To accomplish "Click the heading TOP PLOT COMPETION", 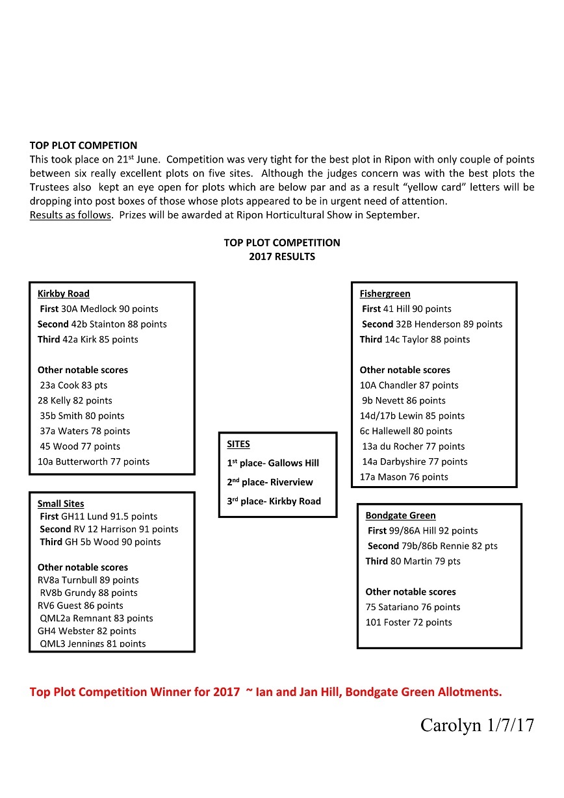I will point(83,146).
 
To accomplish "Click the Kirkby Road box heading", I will point(64,294).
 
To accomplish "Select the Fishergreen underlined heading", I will point(385,294).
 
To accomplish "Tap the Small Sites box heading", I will point(60,504).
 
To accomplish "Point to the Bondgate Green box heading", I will point(400,515).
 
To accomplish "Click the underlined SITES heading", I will point(238,444).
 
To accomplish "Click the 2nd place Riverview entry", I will point(270,482).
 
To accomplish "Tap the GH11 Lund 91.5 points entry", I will point(99,517).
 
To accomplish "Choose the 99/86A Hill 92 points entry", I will point(422,531).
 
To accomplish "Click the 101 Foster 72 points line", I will point(408,623).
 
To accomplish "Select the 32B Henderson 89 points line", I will point(432,324).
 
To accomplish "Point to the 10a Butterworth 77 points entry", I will point(94,462).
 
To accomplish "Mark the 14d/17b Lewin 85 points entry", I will point(412,416).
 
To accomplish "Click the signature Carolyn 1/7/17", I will point(477,726).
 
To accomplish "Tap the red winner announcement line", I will point(266,692).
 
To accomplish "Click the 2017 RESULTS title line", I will point(281,257).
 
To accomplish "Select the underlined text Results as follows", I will point(70,215).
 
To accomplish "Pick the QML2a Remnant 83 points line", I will point(96,619).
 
